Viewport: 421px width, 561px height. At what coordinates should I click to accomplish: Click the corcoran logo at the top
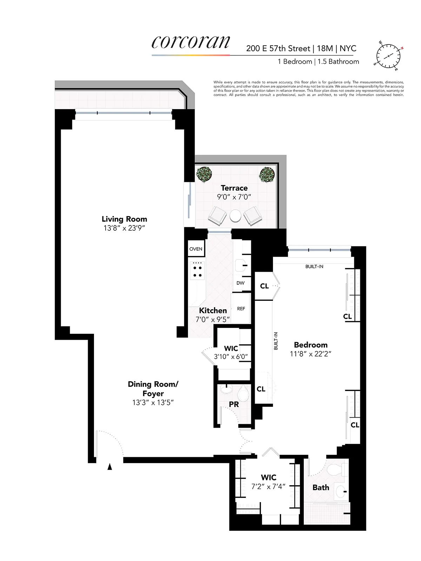191,43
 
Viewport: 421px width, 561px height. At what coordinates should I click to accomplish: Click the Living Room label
124,219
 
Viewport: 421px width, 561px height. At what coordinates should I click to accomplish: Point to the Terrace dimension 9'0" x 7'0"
234,197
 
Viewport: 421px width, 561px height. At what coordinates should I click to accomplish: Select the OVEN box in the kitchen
196,249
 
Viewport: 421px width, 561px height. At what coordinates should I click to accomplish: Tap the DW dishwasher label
240,283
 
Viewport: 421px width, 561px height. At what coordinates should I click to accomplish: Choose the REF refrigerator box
241,309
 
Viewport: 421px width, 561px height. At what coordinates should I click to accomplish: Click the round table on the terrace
235,216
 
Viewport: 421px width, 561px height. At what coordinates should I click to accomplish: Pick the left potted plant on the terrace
204,174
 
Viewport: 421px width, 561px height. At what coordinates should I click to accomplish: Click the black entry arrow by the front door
110,466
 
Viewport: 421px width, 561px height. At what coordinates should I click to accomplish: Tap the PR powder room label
234,404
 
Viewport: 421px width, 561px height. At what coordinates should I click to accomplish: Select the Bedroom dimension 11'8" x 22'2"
310,354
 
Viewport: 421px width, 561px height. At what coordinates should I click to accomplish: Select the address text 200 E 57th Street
278,48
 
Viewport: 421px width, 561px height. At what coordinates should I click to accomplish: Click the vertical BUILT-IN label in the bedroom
276,341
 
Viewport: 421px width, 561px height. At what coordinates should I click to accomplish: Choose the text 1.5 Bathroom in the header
338,62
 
